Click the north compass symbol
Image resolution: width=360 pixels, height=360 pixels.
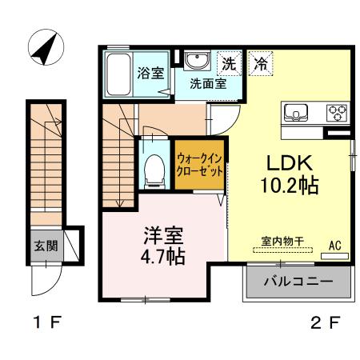pos(44,49)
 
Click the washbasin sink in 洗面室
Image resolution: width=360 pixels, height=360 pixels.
pos(196,62)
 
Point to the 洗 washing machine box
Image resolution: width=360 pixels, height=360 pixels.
pos(229,62)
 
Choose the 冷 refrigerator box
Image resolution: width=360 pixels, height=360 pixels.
pos(260,62)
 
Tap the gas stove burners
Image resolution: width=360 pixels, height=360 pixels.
pos(338,112)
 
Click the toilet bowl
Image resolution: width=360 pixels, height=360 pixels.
pos(150,168)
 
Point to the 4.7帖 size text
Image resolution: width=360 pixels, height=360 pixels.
pos(163,258)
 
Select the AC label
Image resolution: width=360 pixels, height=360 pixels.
pos(334,246)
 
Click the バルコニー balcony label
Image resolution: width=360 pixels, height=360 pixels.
pos(298,282)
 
